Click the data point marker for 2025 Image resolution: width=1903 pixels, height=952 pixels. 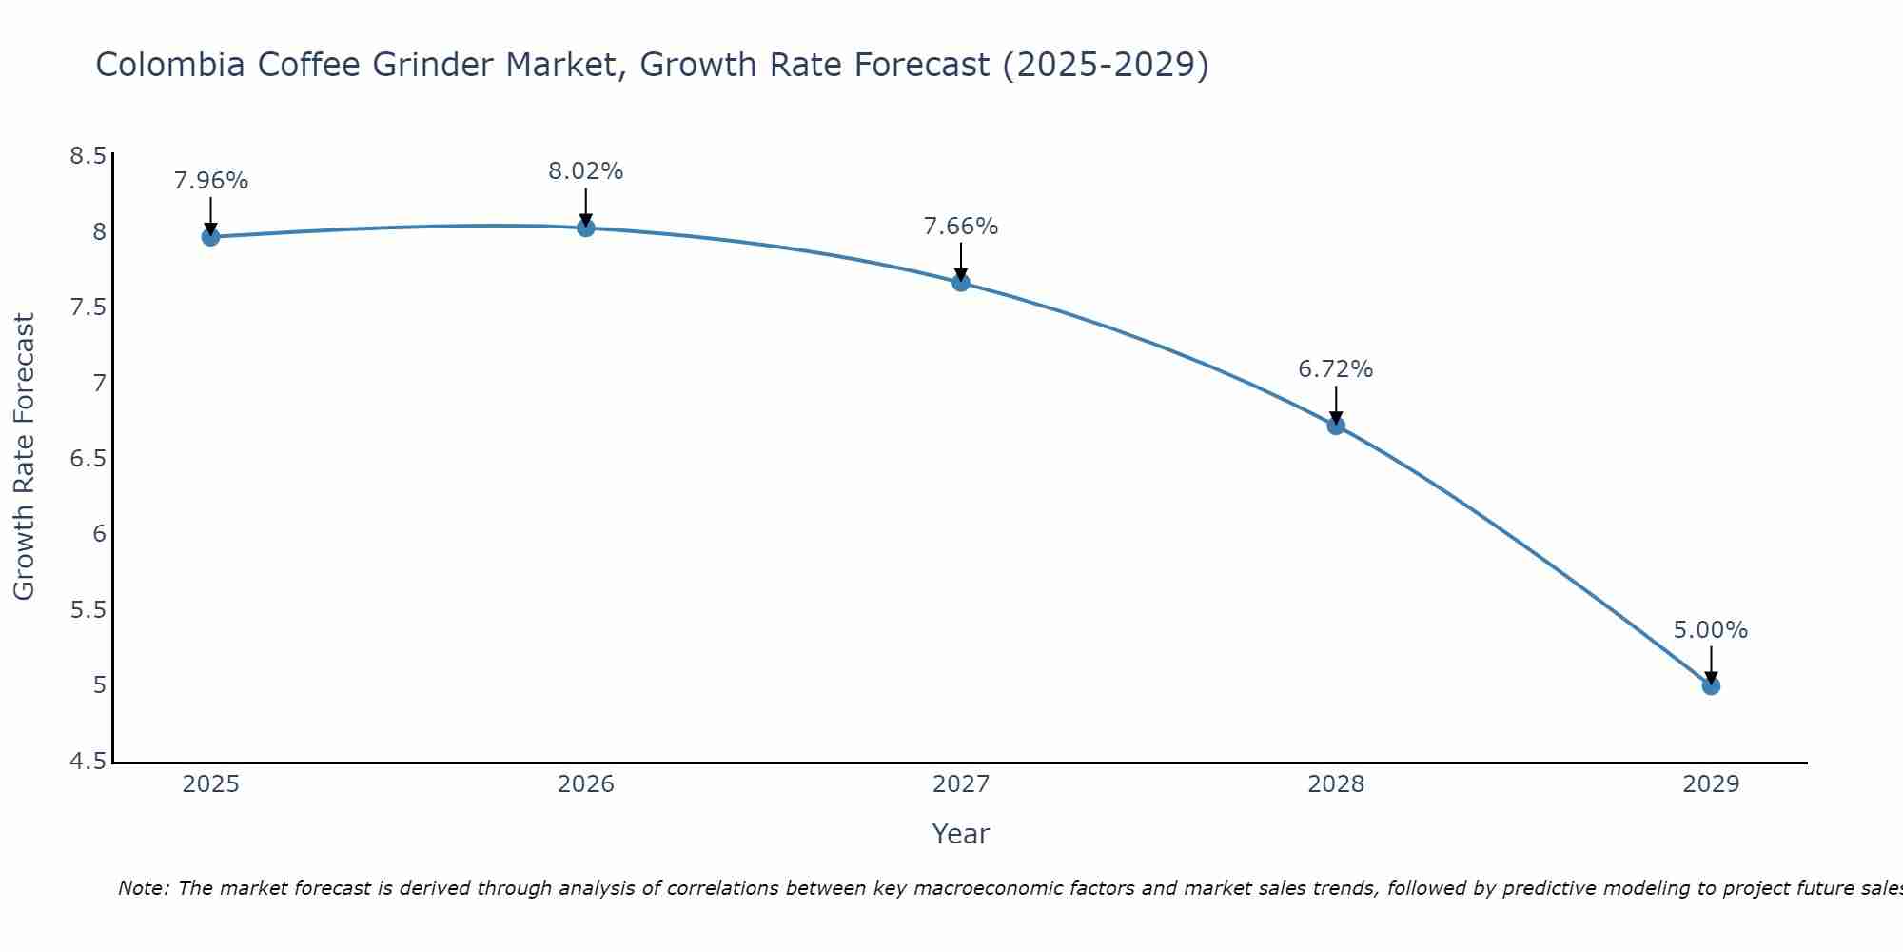pyautogui.click(x=210, y=237)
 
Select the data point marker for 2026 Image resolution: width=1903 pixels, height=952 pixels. pyautogui.click(x=585, y=228)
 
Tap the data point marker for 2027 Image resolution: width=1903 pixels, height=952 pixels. pyautogui.click(x=960, y=283)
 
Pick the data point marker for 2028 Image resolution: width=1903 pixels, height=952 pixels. pyautogui.click(x=1336, y=426)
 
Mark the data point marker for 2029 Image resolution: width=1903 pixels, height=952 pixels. pyautogui.click(x=1711, y=685)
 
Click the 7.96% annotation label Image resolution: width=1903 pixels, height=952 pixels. pyautogui.click(x=210, y=181)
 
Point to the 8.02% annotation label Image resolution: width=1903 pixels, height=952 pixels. pyautogui.click(x=585, y=171)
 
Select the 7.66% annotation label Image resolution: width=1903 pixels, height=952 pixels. pyautogui.click(x=960, y=227)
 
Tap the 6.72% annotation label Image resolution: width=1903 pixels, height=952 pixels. pyautogui.click(x=1336, y=369)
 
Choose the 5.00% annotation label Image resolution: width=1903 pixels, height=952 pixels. pyautogui.click(x=1711, y=630)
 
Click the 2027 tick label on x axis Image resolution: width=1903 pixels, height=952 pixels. pyautogui.click(x=960, y=784)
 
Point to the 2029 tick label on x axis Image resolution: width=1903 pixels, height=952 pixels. pyautogui.click(x=1711, y=784)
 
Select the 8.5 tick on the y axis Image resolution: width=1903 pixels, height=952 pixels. pyautogui.click(x=88, y=156)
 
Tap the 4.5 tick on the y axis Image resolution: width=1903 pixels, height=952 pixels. pyautogui.click(x=88, y=762)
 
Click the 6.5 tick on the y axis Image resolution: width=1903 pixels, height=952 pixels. pyautogui.click(x=88, y=459)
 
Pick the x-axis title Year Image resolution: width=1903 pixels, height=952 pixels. pyautogui.click(x=960, y=834)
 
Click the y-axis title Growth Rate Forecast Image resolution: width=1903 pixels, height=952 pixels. pyautogui.click(x=24, y=457)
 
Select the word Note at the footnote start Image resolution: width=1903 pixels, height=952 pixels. pyautogui.click(x=143, y=888)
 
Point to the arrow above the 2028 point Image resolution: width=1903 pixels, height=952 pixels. pyautogui.click(x=1336, y=404)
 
